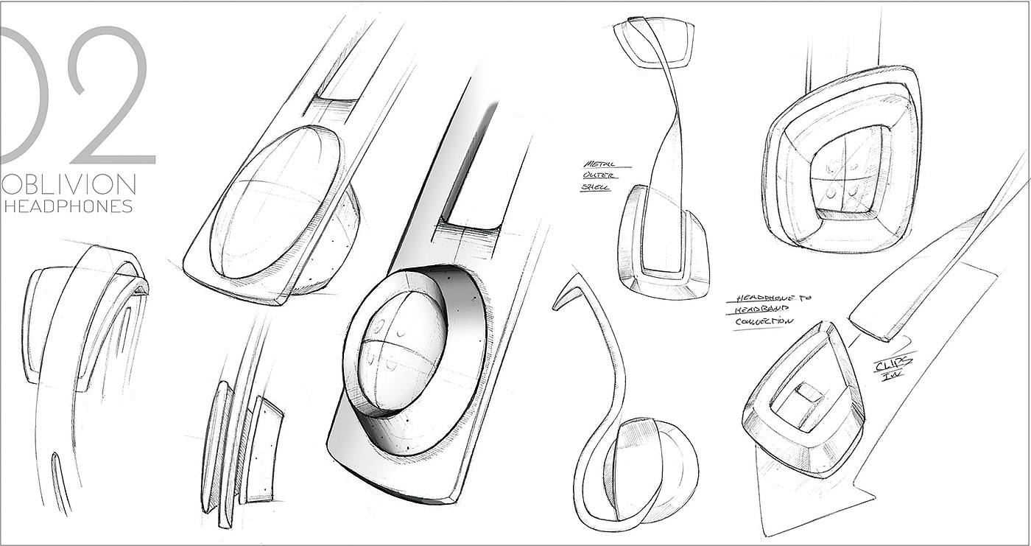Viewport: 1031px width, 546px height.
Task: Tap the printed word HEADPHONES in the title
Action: point(68,207)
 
